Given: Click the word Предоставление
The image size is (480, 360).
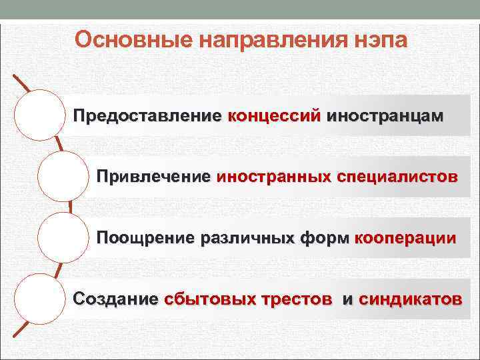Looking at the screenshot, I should (148, 115).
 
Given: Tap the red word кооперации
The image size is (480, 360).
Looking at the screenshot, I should (407, 238).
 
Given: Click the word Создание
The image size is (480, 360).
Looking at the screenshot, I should (115, 299).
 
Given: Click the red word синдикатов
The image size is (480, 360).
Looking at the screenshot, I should (409, 299).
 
